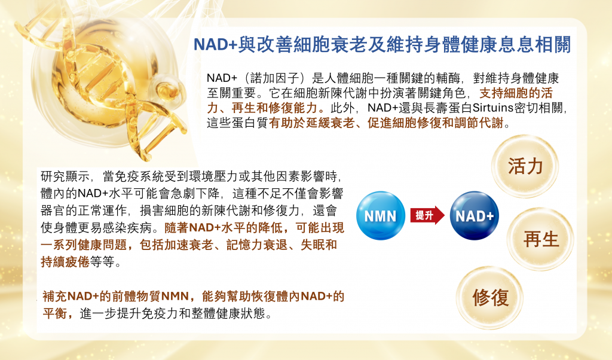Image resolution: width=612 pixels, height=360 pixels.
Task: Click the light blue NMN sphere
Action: [381, 215]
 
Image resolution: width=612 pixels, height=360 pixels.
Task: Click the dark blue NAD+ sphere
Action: [474, 215]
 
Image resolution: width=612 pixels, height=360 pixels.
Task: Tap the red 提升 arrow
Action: [427, 215]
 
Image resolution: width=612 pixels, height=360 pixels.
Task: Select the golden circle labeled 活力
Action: [525, 166]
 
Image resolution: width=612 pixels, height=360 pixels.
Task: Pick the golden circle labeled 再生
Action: [540, 239]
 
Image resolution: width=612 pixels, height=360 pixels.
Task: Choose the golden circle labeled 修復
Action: [490, 298]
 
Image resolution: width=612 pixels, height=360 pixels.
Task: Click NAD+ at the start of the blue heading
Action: [215, 44]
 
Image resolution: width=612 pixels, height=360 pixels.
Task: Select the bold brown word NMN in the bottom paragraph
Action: [175, 297]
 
